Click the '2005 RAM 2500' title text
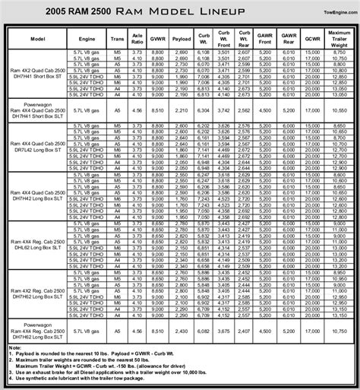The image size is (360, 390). tap(45, 11)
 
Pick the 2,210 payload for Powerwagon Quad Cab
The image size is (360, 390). tap(181, 109)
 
